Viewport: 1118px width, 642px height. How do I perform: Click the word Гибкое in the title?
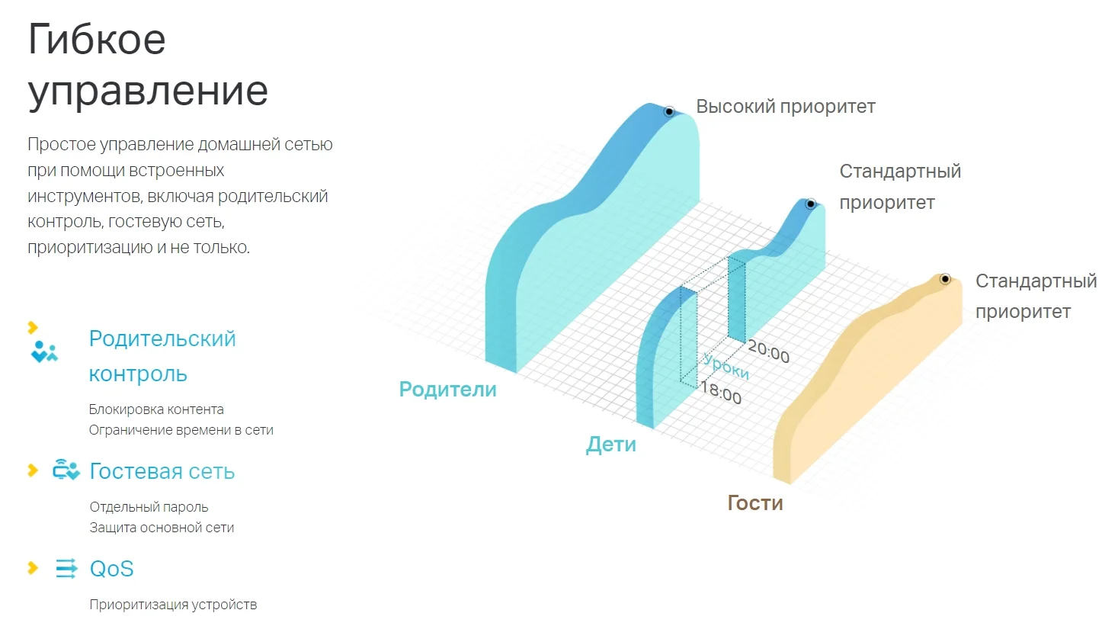[x=96, y=39]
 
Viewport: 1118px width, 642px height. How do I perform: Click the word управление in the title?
[x=148, y=91]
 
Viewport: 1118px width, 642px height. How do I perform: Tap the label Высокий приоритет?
[x=786, y=107]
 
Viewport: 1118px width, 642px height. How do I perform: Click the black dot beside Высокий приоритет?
[x=669, y=111]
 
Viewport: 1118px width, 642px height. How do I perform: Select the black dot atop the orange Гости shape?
[x=945, y=279]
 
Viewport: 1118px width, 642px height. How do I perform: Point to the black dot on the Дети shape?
[x=811, y=204]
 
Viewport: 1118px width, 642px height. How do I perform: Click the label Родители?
[x=447, y=390]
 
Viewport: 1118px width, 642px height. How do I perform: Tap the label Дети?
[x=611, y=444]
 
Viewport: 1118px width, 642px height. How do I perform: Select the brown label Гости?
[x=755, y=502]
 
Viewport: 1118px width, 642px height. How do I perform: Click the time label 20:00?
[x=769, y=351]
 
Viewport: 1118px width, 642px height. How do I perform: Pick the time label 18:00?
[x=721, y=393]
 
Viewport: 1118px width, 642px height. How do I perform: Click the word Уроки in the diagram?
[x=726, y=366]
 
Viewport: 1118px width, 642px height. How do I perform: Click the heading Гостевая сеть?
[x=162, y=471]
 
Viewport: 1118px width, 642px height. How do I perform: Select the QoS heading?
[x=112, y=569]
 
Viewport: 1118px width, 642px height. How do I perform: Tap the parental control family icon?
[x=44, y=351]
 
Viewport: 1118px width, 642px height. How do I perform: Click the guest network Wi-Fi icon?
[x=66, y=469]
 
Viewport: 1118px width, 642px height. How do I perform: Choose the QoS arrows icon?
[x=66, y=568]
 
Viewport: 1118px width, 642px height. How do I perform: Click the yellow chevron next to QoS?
[x=33, y=567]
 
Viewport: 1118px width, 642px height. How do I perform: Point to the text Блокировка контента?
[x=156, y=409]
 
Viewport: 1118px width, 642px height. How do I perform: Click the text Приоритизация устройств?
[x=173, y=605]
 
